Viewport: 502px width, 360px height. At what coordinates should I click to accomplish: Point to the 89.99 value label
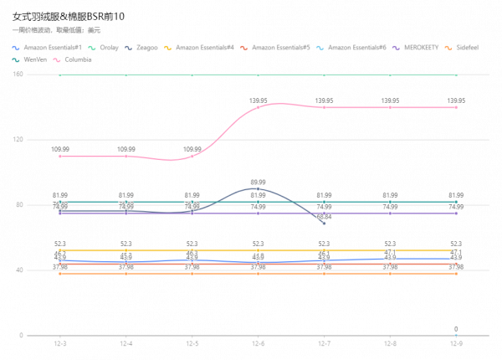(259, 181)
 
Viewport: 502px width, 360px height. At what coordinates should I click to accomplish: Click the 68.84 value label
(324, 217)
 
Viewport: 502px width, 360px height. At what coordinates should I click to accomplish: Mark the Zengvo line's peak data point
(259, 188)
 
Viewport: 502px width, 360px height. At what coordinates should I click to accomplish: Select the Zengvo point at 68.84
(324, 223)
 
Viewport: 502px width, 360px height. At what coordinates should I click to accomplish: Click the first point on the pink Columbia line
(60, 156)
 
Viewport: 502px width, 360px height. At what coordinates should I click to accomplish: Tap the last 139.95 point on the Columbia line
(456, 106)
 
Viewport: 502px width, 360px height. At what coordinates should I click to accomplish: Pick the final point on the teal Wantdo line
(456, 202)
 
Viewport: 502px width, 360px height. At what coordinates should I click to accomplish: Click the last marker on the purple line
(456, 213)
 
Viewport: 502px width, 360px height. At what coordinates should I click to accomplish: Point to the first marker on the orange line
(60, 273)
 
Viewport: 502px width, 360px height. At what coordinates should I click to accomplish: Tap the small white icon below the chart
(456, 330)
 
